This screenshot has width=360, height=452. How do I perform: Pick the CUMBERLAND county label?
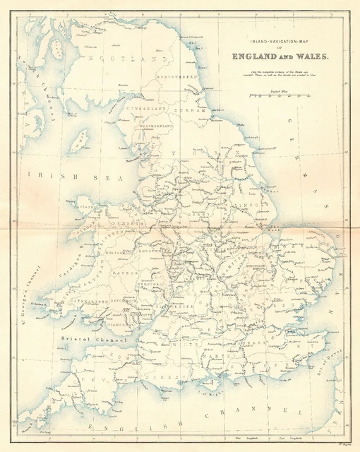click(x=145, y=110)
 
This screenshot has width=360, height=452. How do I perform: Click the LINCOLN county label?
click(x=253, y=207)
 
